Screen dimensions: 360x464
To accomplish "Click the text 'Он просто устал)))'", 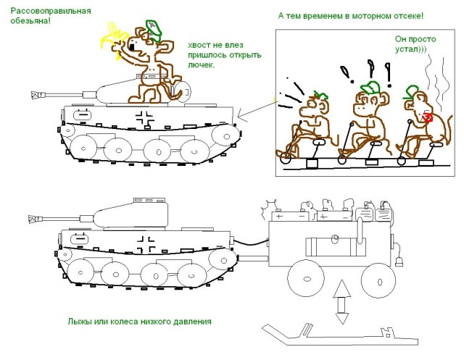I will (410, 44).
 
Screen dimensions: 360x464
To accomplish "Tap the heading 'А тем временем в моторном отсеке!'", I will (351, 16).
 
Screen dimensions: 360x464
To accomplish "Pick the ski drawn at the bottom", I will (333, 335).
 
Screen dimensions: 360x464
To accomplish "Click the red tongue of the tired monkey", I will (428, 117).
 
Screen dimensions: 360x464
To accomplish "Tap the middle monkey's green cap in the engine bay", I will (370, 88).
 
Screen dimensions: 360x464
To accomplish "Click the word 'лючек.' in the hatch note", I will (201, 65).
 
